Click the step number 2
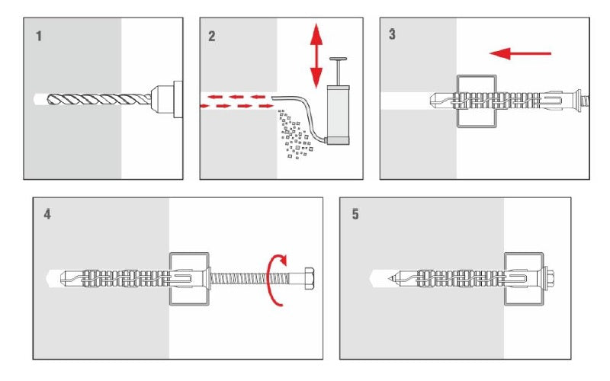(x=211, y=36)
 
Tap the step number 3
(x=392, y=36)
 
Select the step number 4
(x=47, y=215)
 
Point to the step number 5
(x=355, y=215)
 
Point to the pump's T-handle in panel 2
(x=335, y=62)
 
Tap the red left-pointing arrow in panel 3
(x=520, y=53)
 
